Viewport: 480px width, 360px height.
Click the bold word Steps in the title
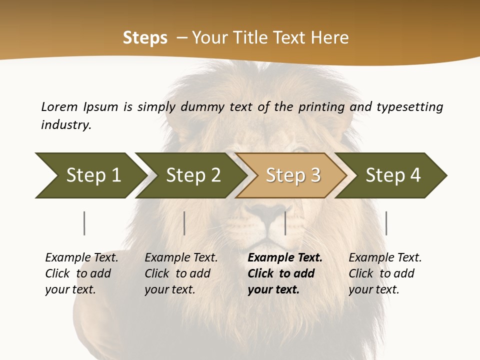click(x=145, y=38)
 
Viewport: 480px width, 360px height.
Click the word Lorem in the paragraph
click(x=59, y=106)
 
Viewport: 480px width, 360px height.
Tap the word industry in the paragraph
click(x=66, y=124)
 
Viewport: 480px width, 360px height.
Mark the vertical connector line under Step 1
click(x=84, y=223)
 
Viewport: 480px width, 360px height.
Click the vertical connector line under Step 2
click(x=184, y=223)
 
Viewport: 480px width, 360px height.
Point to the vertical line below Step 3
click(x=285, y=223)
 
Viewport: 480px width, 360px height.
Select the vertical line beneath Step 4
click(x=386, y=223)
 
